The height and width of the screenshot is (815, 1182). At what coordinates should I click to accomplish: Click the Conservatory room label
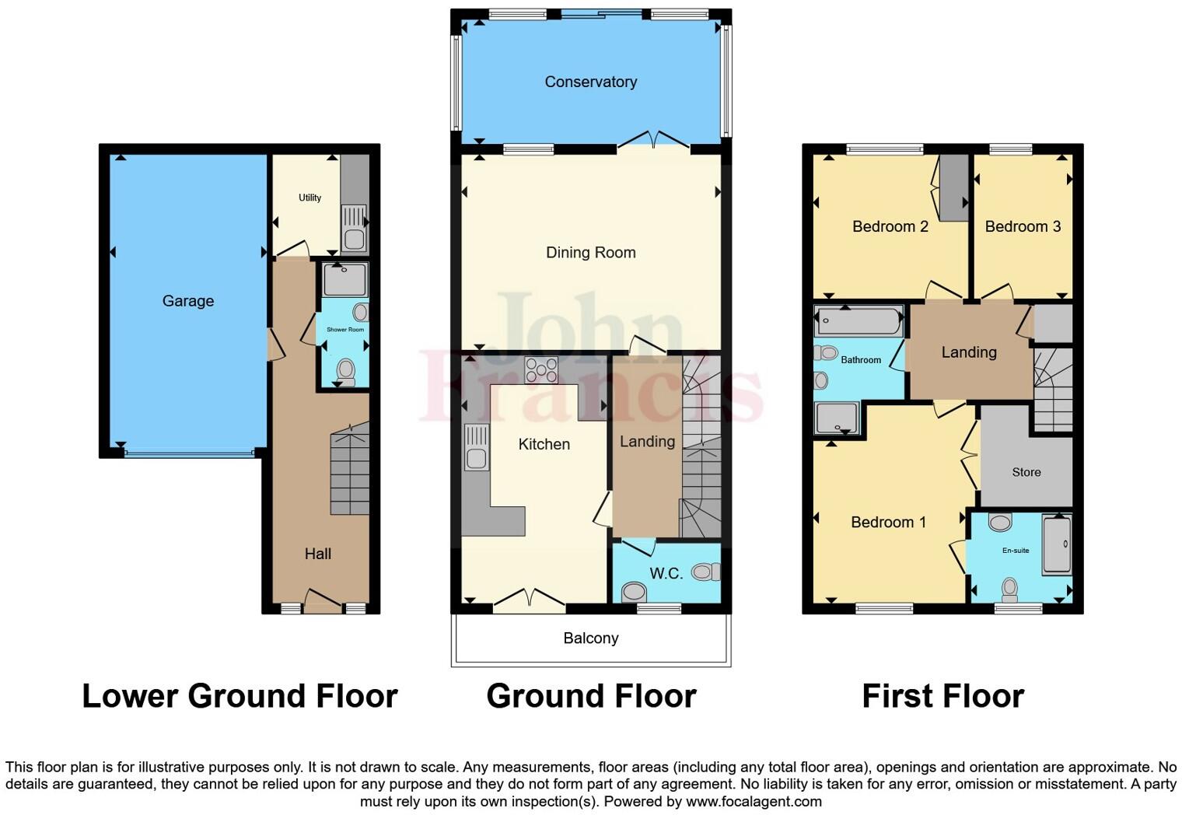click(590, 82)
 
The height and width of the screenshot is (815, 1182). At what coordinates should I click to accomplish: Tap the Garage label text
click(187, 301)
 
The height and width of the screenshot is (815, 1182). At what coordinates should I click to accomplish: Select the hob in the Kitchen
click(540, 370)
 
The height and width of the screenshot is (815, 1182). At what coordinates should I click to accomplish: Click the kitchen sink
click(476, 448)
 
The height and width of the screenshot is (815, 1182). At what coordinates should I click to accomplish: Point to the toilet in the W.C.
click(705, 572)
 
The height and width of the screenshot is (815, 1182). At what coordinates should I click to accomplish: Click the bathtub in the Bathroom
click(859, 320)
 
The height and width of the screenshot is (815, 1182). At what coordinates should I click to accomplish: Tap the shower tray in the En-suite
click(1057, 544)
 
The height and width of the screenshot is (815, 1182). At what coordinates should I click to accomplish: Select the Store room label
click(1026, 472)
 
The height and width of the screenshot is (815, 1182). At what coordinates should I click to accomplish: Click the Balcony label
click(590, 638)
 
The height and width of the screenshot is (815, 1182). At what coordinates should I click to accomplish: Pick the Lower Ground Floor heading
click(240, 696)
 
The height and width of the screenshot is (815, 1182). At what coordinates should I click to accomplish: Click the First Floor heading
click(942, 696)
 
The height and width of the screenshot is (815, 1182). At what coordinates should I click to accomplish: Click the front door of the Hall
click(322, 603)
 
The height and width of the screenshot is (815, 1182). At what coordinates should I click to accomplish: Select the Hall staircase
click(349, 471)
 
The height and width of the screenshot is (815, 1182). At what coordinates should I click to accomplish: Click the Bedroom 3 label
click(1022, 226)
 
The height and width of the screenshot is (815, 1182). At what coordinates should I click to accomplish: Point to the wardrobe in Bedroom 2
click(953, 187)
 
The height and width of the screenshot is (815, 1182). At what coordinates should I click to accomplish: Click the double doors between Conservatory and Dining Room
click(653, 140)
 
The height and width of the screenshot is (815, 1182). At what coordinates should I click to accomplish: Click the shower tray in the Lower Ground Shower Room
click(344, 280)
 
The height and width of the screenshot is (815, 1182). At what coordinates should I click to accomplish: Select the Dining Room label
click(590, 253)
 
